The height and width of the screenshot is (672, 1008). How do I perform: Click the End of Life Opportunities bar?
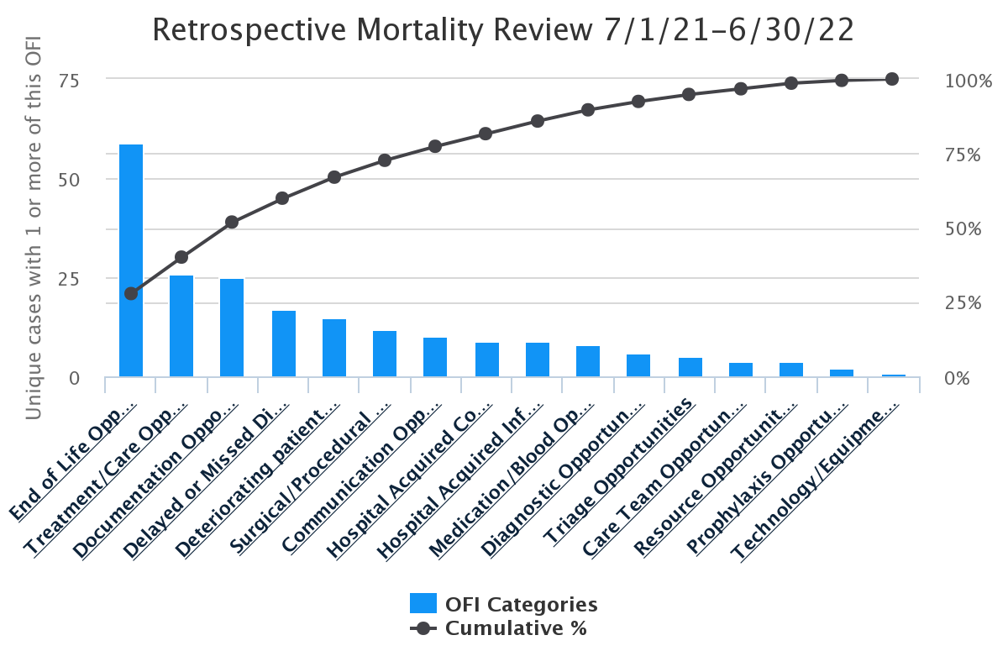pos(131,260)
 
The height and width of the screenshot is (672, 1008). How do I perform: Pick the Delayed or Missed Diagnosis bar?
pos(284,344)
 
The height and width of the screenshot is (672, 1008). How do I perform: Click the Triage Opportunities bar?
pos(690,368)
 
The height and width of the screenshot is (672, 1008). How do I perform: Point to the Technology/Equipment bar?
pos(892,375)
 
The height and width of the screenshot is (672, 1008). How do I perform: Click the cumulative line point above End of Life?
pos(131,293)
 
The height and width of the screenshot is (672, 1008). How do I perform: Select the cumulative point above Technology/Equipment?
pos(892,79)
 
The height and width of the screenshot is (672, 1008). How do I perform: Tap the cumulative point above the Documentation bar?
pos(232,222)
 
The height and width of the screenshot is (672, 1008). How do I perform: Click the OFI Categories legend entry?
pos(504,604)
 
